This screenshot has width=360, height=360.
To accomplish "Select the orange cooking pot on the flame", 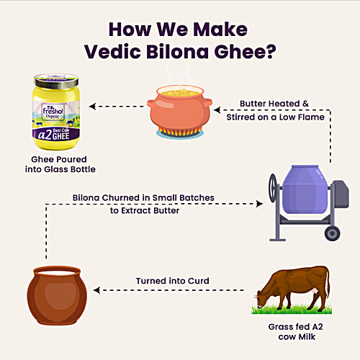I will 179,107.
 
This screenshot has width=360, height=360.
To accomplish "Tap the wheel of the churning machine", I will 332,233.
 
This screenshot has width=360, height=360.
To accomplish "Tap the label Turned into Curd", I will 173,282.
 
